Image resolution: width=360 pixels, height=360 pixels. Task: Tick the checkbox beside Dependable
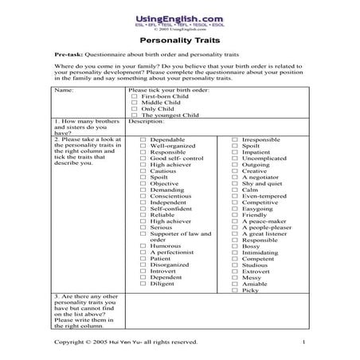[x=143, y=139]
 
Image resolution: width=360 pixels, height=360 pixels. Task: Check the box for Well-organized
[x=143, y=147]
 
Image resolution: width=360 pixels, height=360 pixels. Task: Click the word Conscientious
[x=172, y=197]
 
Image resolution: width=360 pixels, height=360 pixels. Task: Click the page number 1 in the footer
[x=304, y=342]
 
